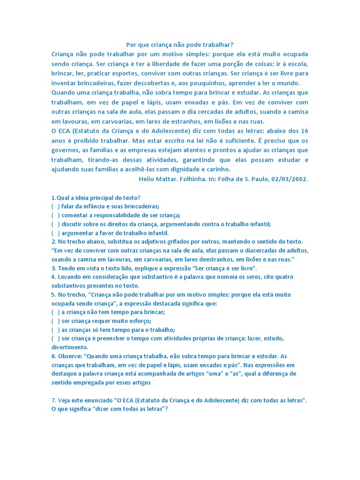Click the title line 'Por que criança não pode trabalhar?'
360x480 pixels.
180,45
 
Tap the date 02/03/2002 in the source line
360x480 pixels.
291,179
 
